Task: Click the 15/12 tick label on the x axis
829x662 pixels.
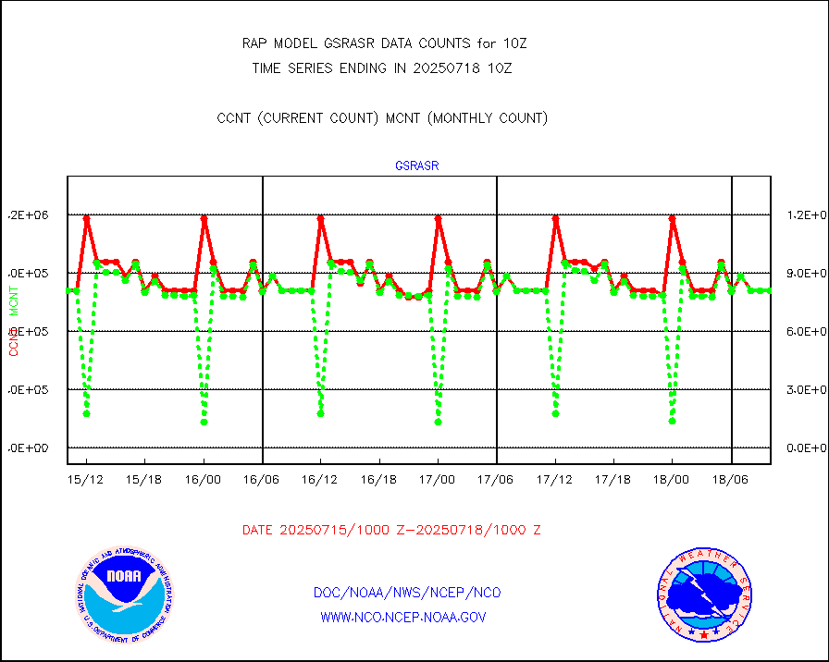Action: [86, 481]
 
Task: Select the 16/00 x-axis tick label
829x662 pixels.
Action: [204, 481]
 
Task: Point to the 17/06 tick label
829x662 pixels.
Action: [496, 481]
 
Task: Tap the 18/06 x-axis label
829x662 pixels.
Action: [731, 481]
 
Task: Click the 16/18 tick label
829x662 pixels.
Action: [379, 481]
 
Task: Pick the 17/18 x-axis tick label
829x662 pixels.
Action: [613, 481]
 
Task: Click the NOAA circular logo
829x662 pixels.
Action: [125, 594]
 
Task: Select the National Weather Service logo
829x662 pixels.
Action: [702, 594]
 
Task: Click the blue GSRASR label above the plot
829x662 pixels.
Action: [416, 166]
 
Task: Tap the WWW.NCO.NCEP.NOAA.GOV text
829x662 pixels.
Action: [403, 617]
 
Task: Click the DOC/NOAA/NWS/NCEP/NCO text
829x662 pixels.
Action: [407, 593]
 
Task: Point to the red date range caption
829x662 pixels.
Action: [391, 530]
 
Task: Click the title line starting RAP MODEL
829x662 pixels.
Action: [384, 43]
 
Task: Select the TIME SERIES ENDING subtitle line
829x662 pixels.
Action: [382, 67]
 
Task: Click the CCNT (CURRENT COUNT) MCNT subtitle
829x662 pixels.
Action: [382, 118]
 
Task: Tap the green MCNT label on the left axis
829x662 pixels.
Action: [14, 300]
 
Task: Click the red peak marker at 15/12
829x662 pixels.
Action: [87, 219]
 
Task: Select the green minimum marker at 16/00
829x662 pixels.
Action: [204, 423]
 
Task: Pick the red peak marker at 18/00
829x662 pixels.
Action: [673, 219]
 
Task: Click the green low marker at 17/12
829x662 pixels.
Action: [555, 413]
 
